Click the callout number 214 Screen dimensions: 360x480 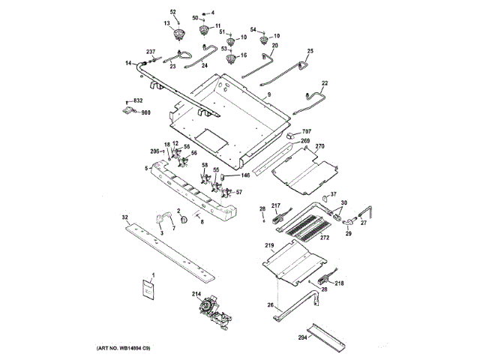(196, 293)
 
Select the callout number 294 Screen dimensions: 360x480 (303, 337)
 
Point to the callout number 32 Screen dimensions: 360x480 (125, 216)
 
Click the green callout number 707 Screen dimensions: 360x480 (305, 130)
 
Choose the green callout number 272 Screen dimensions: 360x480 (325, 238)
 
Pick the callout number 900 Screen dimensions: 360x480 (145, 112)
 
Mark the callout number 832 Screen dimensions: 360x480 (137, 100)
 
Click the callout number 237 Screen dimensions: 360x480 (150, 51)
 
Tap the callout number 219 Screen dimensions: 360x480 (269, 245)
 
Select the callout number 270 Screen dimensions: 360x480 (319, 145)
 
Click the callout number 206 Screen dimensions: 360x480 (155, 151)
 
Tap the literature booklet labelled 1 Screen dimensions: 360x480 (148, 289)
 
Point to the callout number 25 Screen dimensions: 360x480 (309, 50)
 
